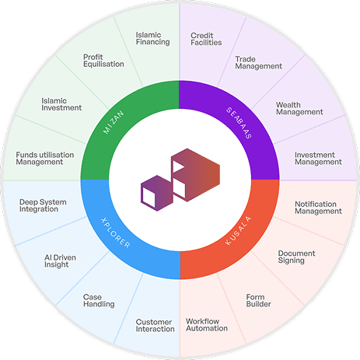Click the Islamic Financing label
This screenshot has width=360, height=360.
click(x=152, y=38)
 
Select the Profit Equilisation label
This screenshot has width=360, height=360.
click(x=103, y=60)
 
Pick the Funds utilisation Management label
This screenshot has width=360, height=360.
click(x=44, y=158)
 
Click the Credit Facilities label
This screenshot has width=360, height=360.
click(x=206, y=38)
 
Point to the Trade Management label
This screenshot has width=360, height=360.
click(x=258, y=61)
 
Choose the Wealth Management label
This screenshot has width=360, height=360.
click(x=299, y=107)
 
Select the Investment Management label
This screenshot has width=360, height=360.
click(x=318, y=158)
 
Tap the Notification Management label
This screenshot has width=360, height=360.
click(x=318, y=207)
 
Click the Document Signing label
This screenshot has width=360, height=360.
click(x=296, y=257)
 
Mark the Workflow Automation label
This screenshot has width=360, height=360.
click(x=207, y=324)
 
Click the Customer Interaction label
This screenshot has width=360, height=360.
click(x=155, y=325)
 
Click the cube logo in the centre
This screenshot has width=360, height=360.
click(x=180, y=179)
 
